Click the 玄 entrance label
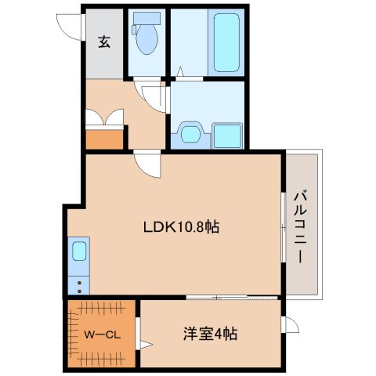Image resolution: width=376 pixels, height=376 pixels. pos(103,42)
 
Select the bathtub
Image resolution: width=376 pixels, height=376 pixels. pos(226,40)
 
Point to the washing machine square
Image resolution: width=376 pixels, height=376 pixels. pos(226,136)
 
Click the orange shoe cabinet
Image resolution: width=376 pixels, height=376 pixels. pos(105,140)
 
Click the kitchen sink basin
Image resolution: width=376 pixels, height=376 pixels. pos(79,252)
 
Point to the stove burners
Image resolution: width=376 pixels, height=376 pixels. pos(79,284)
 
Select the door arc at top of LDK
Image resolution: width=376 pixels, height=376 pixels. pos(147,164)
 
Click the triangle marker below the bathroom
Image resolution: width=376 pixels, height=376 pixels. pos(180,74)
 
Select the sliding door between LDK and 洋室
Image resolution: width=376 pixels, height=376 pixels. pos(232,297)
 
